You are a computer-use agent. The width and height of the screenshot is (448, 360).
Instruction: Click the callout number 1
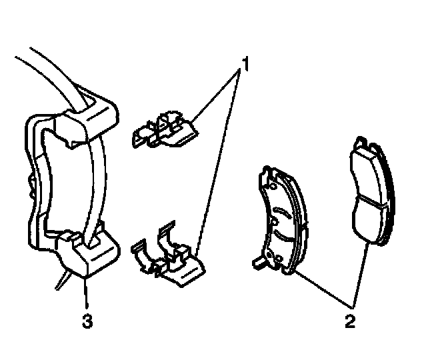[246, 65]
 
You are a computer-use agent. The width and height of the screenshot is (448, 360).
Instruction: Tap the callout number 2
[349, 322]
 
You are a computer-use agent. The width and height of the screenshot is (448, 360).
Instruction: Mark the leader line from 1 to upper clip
[217, 97]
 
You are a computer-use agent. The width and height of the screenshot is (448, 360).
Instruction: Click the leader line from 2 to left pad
[321, 292]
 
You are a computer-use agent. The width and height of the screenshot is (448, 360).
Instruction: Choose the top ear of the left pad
[267, 171]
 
